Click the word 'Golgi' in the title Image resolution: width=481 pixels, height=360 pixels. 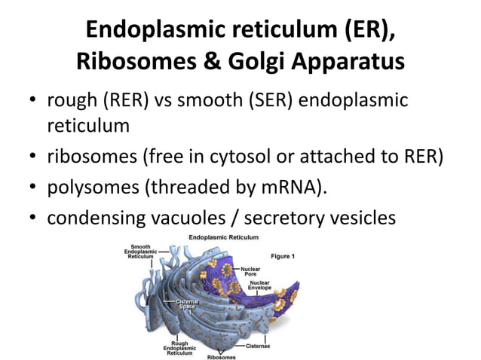coord(272,61)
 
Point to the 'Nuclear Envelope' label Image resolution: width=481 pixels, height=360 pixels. coord(271,286)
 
